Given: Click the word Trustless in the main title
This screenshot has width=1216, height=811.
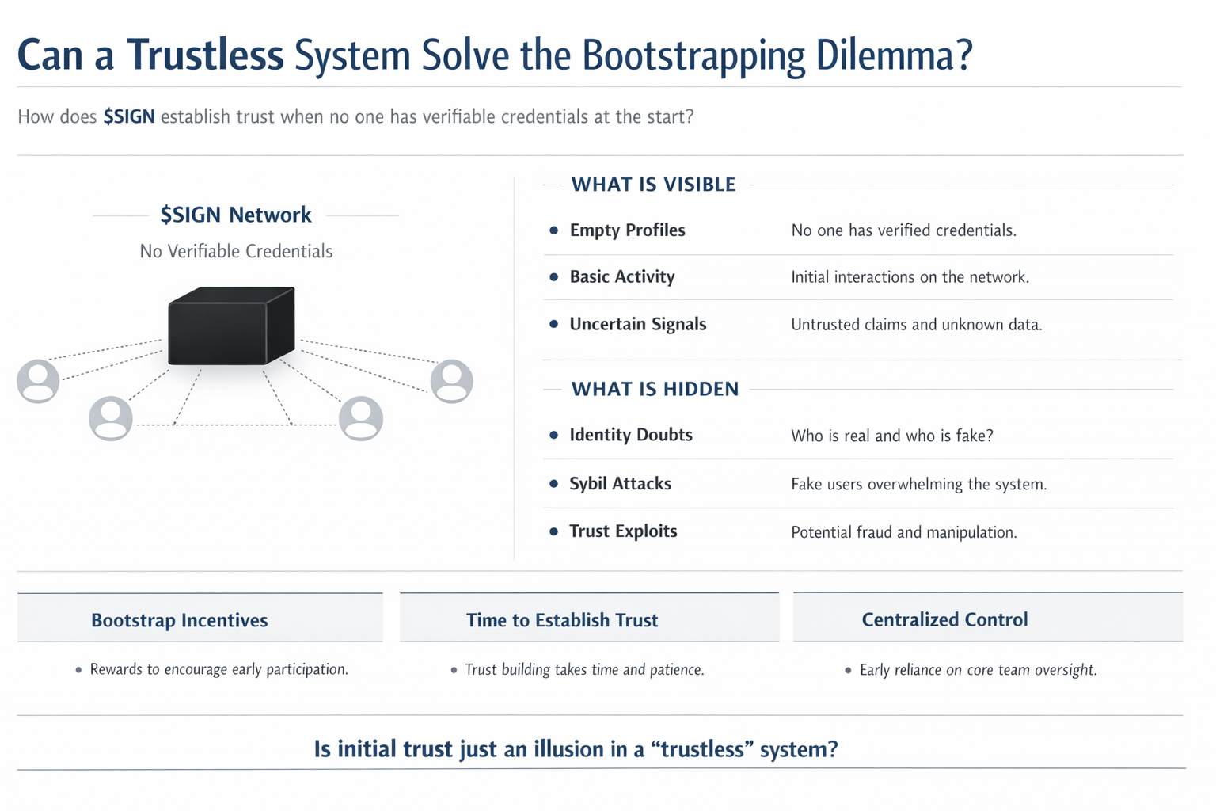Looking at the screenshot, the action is coord(205,55).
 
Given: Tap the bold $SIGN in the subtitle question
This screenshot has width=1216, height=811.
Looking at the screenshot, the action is coord(128,117).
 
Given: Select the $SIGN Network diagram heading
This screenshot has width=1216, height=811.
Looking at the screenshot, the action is coord(236,215).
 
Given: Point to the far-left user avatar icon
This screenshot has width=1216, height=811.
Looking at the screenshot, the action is coord(38,381).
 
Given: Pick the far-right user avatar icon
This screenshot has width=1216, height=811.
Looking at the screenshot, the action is coord(452,381).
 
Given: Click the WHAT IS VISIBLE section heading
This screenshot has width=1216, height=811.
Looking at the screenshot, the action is coord(653,185).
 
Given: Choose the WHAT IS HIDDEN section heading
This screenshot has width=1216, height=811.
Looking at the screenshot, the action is coord(655,389).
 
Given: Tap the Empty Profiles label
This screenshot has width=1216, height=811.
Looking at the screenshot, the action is coord(627,230).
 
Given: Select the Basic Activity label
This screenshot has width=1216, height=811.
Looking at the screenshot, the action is coord(622,277).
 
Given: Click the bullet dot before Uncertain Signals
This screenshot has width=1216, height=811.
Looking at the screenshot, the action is coord(554,325).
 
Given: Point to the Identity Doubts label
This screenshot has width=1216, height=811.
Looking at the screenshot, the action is coord(631,435).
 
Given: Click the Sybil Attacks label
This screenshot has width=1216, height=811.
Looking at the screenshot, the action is coord(620,484).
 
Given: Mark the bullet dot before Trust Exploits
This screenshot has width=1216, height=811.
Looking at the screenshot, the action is coord(554,531).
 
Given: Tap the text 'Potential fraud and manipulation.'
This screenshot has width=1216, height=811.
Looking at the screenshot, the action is coord(903,532).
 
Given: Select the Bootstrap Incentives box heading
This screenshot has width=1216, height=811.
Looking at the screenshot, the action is coord(180,620).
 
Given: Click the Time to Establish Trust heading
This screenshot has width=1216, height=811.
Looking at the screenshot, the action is coord(562,620).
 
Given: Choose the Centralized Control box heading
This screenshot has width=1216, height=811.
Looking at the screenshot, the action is coord(944,619).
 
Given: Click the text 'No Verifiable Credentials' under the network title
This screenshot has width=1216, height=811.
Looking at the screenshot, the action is coord(236,251).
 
